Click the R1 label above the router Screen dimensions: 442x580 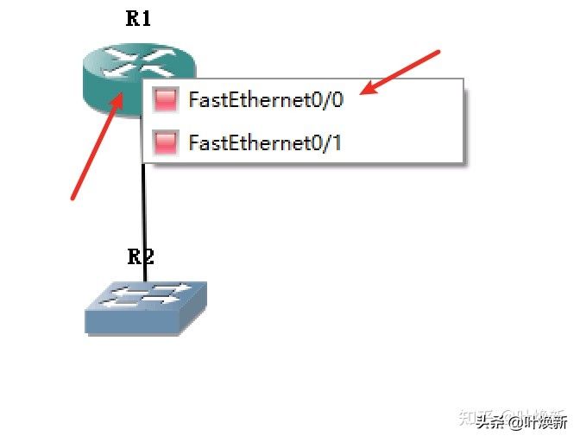click(x=138, y=19)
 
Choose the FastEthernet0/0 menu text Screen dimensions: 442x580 click(x=265, y=99)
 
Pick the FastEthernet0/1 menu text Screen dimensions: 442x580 click(x=265, y=142)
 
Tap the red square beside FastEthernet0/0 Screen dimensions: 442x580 click(x=164, y=99)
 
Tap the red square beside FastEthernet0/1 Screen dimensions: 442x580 click(x=164, y=142)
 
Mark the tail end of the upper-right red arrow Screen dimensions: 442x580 click(x=438, y=52)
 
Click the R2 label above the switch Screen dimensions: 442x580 click(x=141, y=256)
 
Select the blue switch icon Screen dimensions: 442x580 click(x=146, y=306)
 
